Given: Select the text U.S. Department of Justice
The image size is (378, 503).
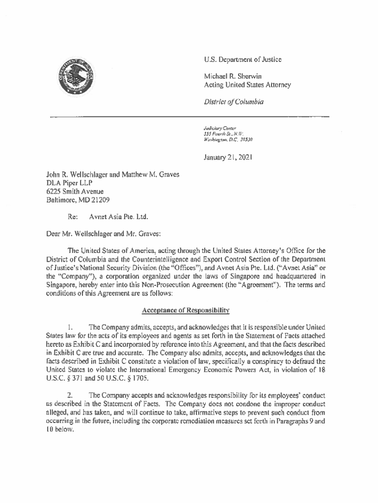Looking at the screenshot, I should [243, 60].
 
